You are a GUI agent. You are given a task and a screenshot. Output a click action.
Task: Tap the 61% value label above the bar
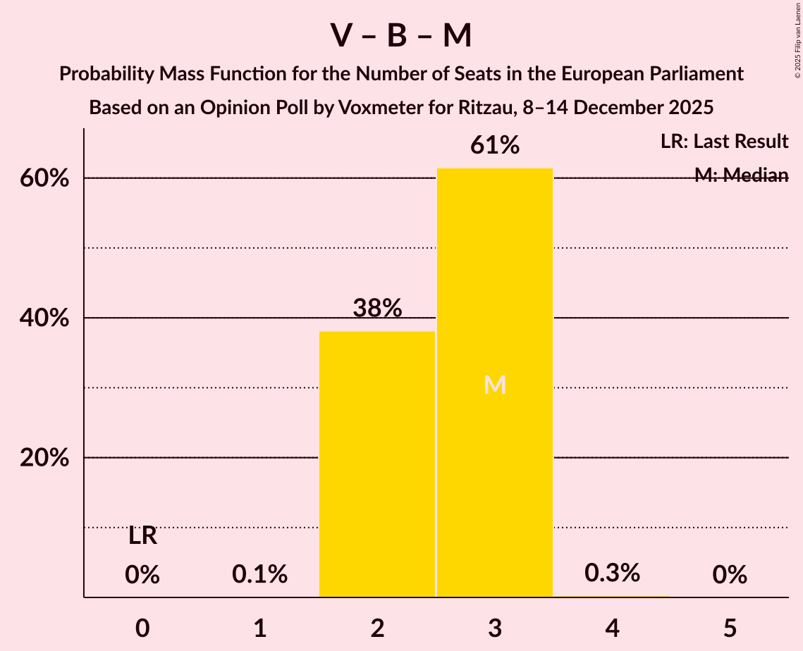click(495, 146)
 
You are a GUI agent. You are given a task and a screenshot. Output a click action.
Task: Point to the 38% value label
click(377, 308)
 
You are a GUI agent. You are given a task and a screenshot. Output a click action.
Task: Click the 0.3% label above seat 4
click(612, 573)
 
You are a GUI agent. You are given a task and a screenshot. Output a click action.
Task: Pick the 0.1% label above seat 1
click(259, 575)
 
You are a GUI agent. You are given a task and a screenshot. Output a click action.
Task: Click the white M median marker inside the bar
click(495, 385)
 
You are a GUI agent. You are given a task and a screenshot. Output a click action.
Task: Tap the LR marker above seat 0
click(142, 536)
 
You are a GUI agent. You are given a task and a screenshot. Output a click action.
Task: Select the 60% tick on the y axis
click(44, 178)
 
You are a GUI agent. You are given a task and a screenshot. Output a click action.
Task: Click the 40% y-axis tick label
click(44, 318)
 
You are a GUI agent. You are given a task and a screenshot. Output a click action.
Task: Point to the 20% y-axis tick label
click(44, 458)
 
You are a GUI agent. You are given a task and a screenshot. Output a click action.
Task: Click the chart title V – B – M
click(401, 36)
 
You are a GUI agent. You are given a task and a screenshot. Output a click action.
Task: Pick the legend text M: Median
click(741, 175)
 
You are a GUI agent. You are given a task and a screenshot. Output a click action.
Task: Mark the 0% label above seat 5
click(730, 575)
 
